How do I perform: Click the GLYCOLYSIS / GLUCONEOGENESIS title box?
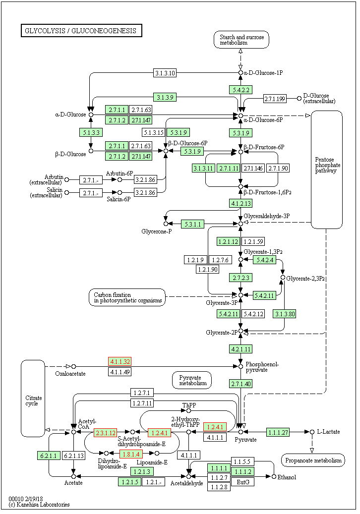point(81,31)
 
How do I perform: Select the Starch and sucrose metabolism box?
point(241,40)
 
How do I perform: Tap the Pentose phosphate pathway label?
point(327,165)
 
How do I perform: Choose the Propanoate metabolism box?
point(312,460)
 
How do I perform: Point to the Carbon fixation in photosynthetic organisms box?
point(127,297)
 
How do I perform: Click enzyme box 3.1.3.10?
point(165,73)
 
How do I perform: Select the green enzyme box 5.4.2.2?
point(240,90)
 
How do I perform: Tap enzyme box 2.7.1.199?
point(275,99)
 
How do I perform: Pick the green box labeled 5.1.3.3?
point(90,132)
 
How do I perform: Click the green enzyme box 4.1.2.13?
point(240,203)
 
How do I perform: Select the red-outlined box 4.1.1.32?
point(120,361)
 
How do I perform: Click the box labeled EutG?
point(242,481)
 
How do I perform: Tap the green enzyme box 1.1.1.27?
point(278,432)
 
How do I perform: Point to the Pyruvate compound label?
point(245,440)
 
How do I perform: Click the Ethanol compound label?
point(287,477)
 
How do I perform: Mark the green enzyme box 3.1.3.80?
point(284,313)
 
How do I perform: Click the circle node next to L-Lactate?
point(312,432)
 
